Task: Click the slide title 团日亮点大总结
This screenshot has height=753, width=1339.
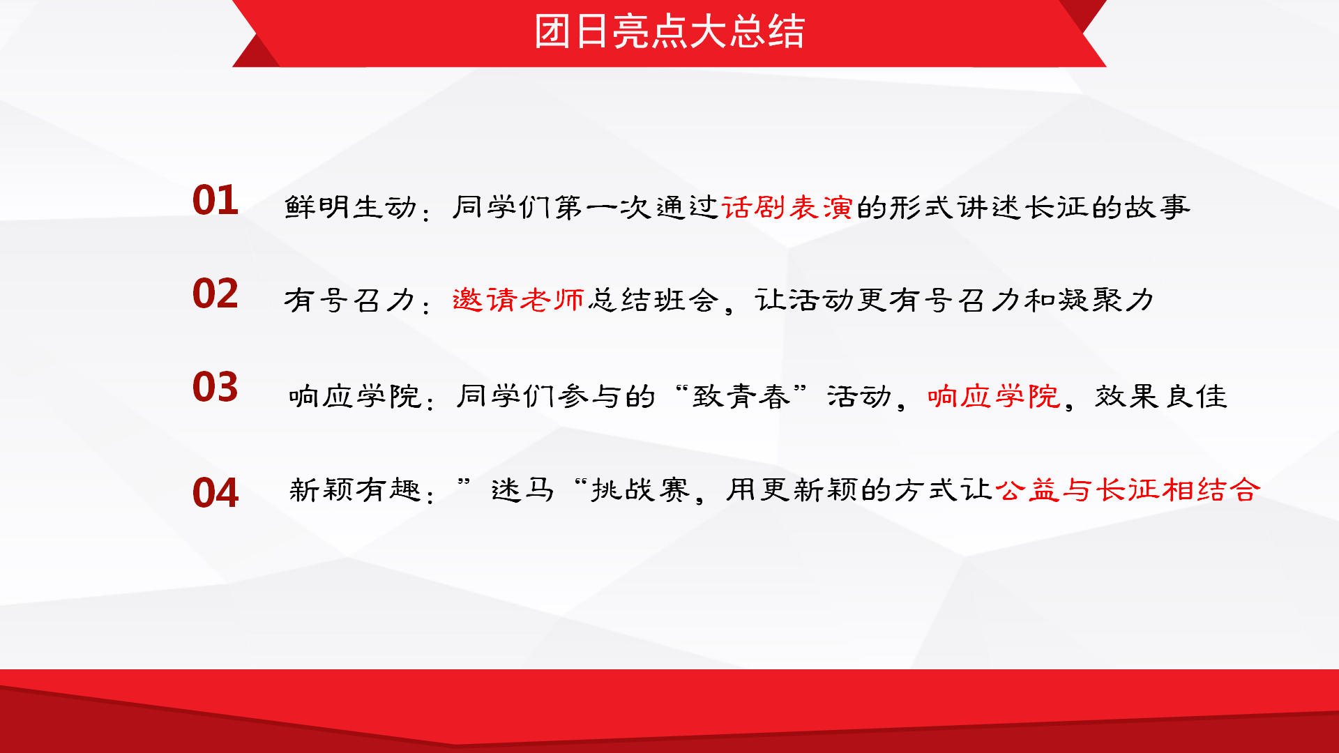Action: (669, 32)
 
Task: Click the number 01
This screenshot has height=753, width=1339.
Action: (215, 201)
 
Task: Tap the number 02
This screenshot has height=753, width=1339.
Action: (215, 294)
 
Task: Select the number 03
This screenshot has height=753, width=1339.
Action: (215, 387)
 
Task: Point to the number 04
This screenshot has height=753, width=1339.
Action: (215, 493)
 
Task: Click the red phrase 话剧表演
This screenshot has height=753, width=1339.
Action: (787, 207)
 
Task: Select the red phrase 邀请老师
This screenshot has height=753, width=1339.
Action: (518, 300)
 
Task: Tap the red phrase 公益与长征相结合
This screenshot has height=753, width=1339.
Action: (1128, 489)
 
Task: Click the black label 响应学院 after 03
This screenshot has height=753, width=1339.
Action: (355, 397)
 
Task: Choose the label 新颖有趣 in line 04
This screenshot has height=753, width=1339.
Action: (355, 489)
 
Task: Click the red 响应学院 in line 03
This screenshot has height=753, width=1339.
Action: (994, 397)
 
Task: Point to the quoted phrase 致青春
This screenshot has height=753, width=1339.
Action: (741, 397)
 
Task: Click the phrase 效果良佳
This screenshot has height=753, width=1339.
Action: (1161, 397)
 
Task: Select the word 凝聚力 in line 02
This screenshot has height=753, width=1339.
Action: (1106, 301)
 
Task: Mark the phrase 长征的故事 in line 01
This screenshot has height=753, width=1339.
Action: (1107, 207)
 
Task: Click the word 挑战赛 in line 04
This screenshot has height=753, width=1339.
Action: (640, 489)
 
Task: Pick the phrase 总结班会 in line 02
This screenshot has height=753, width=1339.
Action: (653, 300)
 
